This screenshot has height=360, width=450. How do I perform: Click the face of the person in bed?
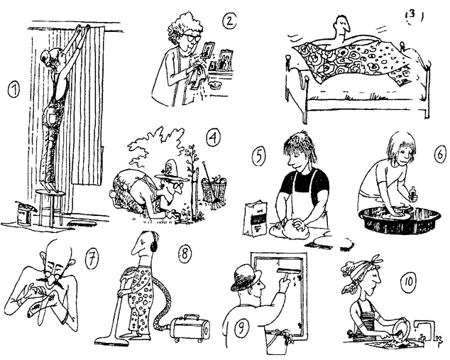point(341,27)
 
